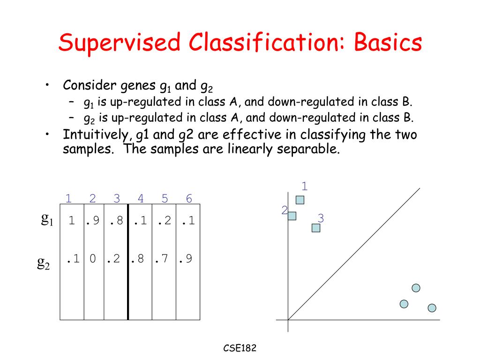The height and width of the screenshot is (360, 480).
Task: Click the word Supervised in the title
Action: (x=120, y=43)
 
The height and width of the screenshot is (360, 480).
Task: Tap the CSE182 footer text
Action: (x=240, y=348)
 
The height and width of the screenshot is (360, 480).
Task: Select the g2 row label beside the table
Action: (x=44, y=263)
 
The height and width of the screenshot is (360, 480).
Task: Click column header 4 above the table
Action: (x=141, y=199)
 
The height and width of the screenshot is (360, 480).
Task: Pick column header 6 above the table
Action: (x=189, y=199)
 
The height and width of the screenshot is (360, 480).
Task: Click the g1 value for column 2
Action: (x=92, y=220)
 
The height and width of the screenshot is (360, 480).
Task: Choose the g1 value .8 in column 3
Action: (x=116, y=220)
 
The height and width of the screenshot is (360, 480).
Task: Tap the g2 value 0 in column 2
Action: (x=93, y=259)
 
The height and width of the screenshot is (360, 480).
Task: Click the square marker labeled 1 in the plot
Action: (x=300, y=200)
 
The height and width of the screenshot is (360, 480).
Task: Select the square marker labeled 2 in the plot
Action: (x=292, y=216)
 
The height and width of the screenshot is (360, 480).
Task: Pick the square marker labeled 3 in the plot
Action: (x=316, y=228)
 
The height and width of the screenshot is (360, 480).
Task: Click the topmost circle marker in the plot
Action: (x=416, y=288)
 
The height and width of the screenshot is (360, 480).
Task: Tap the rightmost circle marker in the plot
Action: (x=432, y=308)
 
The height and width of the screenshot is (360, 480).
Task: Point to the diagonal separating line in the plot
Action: (x=354, y=253)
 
